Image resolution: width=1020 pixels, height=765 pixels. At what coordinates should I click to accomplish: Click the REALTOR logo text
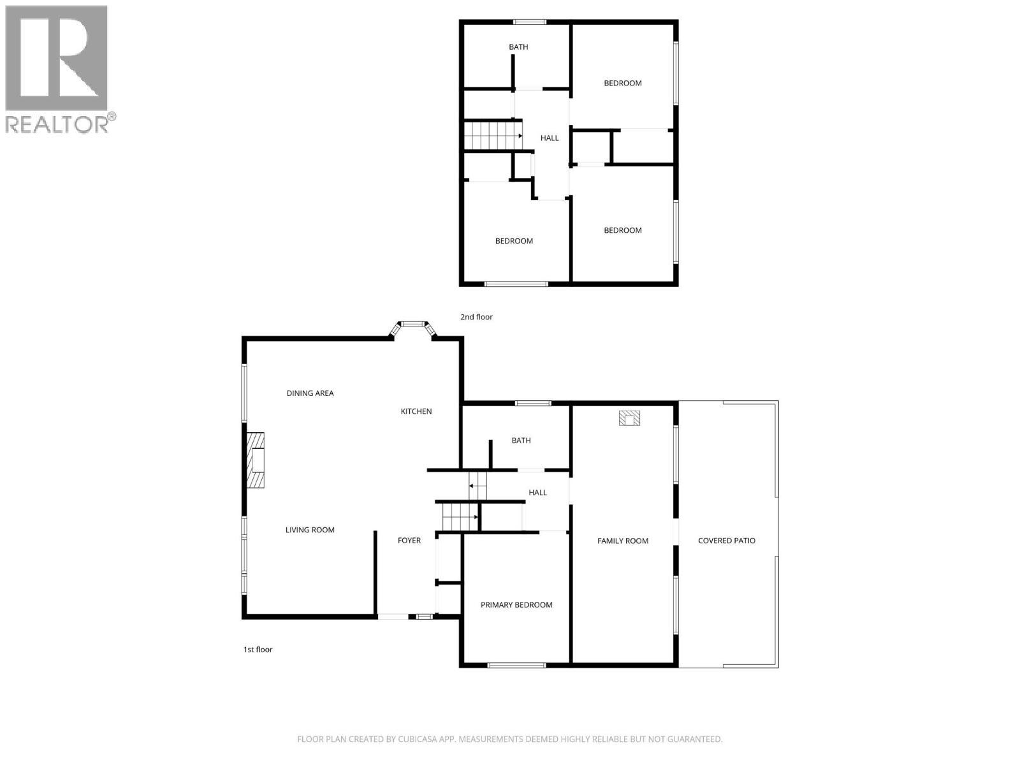pos(57,124)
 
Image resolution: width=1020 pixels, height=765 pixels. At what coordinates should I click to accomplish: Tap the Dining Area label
pos(310,393)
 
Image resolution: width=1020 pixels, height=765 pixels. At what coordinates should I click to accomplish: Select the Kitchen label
pos(416,411)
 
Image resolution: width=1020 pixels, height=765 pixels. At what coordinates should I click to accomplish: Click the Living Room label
pos(310,530)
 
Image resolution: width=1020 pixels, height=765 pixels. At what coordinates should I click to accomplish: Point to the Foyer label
pos(409,541)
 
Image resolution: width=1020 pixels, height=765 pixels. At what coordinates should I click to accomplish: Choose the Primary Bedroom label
pos(516,605)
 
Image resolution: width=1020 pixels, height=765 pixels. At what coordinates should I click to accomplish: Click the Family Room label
pos(623,541)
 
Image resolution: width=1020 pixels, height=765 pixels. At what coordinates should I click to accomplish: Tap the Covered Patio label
pos(727,541)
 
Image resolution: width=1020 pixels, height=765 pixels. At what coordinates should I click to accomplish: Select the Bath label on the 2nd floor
pos(518,47)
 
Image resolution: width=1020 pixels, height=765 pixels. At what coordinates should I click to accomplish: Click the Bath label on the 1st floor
pos(521,441)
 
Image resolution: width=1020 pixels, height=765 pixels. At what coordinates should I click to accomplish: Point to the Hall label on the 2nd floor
pos(550,138)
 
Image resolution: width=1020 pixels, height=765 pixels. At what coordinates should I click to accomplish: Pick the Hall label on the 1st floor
pos(537,492)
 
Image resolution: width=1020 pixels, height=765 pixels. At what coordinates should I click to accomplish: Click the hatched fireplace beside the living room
pos(256,460)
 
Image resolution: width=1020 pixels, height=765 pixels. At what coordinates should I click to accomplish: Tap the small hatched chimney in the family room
pos(629,418)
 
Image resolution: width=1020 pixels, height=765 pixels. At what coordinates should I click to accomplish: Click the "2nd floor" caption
pos(476,317)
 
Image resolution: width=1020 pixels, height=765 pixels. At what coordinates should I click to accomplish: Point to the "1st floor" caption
pos(258,650)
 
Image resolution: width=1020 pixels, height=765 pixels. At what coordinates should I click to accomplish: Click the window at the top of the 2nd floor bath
pos(530,22)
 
